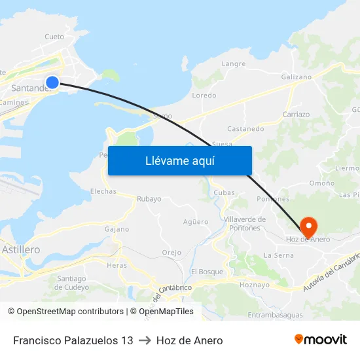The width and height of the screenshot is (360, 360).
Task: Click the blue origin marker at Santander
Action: click(x=52, y=82)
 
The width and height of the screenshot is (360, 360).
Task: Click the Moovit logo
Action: click(x=321, y=340)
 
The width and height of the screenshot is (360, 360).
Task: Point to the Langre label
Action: click(x=234, y=64)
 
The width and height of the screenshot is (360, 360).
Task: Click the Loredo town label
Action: click(x=204, y=96)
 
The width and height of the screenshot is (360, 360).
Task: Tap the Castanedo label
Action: click(x=245, y=129)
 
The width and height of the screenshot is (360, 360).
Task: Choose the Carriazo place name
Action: click(x=296, y=114)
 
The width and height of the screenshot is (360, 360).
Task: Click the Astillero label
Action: click(x=21, y=249)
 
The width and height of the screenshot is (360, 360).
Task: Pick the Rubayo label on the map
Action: click(x=149, y=199)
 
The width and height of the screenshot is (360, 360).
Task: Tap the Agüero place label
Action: click(x=196, y=222)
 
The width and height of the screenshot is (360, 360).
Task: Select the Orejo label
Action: click(x=171, y=253)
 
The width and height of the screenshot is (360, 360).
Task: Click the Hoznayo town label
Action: click(x=255, y=285)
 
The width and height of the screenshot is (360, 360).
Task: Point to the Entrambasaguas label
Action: click(x=276, y=315)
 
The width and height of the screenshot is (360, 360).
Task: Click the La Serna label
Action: click(x=278, y=255)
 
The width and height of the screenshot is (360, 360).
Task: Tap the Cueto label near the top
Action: click(x=54, y=37)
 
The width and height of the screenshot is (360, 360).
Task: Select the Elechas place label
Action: click(x=103, y=191)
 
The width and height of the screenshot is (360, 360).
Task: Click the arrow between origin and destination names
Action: click(x=145, y=340)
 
